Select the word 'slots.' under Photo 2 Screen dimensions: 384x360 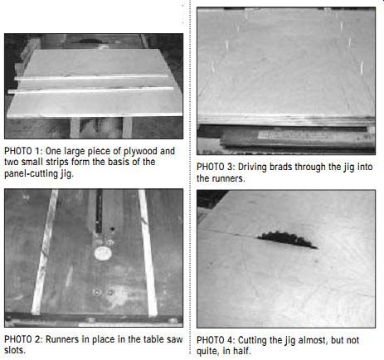tap(15, 350)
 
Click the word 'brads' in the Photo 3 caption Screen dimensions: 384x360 tap(282, 167)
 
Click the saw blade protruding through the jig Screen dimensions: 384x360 tap(288, 240)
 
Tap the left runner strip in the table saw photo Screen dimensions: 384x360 tap(44, 251)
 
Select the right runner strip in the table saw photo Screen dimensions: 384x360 tap(148, 252)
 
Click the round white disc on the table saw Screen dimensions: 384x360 tap(103, 253)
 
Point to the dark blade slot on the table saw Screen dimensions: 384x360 tap(99, 212)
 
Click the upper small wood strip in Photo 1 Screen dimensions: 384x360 tap(91, 77)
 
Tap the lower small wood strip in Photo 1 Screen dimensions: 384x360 tap(90, 90)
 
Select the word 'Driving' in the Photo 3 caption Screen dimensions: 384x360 tap(252, 168)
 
